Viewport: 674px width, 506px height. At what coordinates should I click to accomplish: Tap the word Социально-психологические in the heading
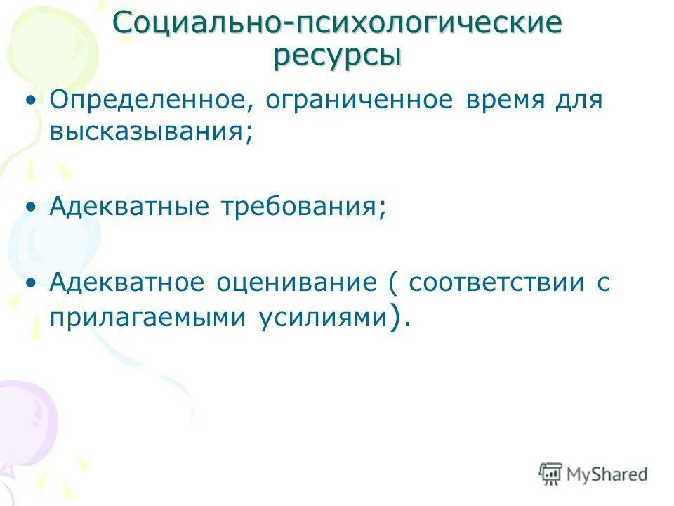337,22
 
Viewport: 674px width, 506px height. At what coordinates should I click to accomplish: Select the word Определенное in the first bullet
145,100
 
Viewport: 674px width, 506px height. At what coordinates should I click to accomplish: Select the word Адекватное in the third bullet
132,283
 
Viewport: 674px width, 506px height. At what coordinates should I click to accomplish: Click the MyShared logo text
606,474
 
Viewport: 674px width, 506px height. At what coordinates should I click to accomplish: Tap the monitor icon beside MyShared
551,474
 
